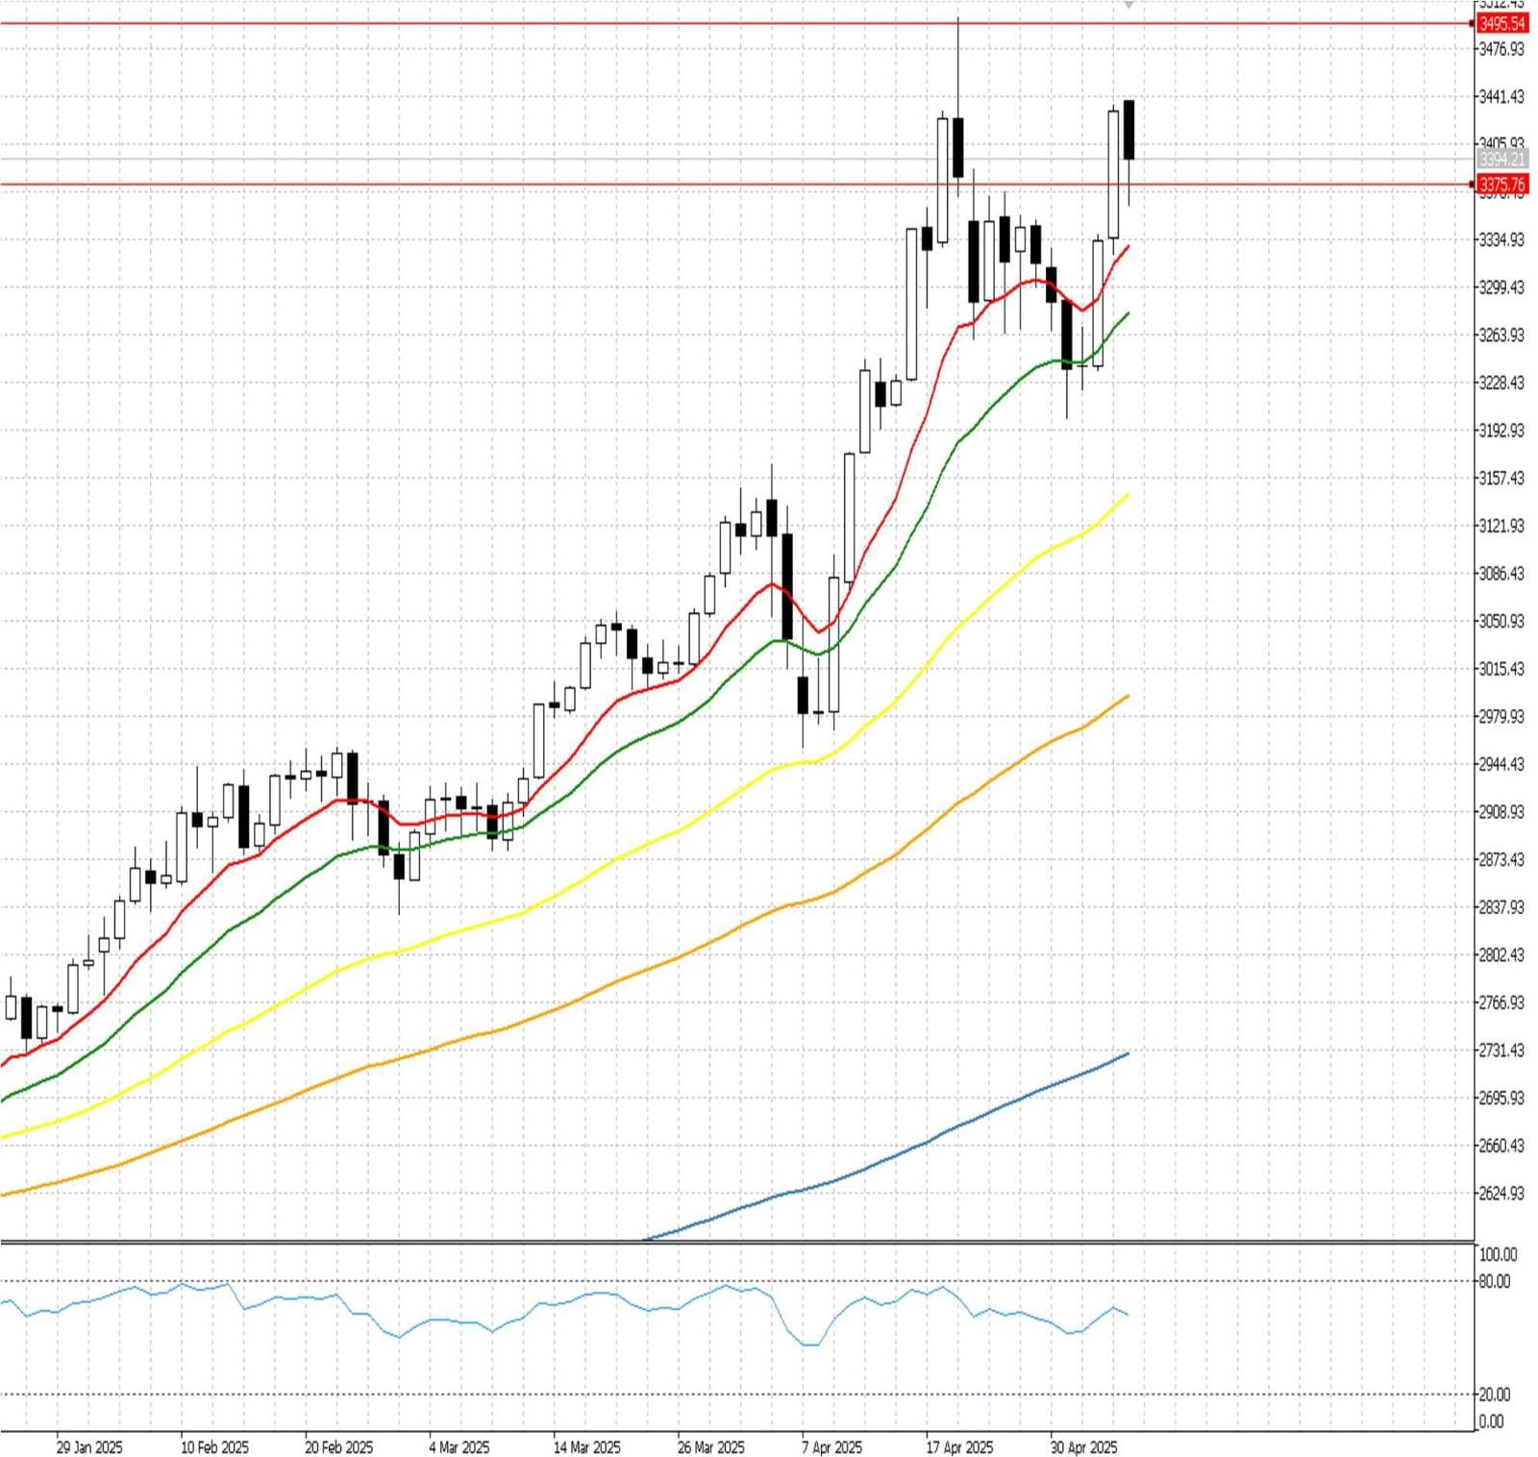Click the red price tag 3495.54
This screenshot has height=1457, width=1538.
(x=1501, y=24)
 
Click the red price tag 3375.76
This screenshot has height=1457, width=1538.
(x=1501, y=185)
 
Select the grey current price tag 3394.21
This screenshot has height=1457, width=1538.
(x=1501, y=160)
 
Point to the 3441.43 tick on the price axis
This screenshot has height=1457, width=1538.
(x=1501, y=96)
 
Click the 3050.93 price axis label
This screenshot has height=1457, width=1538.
(x=1501, y=621)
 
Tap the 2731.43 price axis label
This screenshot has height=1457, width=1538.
(x=1501, y=1050)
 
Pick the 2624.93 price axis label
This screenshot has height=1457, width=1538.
(x=1501, y=1194)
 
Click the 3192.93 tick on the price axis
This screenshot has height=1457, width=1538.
(x=1501, y=431)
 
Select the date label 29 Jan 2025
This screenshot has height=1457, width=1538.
(x=89, y=1447)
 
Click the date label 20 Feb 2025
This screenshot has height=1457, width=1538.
(x=339, y=1447)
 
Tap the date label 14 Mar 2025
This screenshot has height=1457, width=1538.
(x=587, y=1447)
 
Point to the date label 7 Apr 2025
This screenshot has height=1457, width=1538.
(x=832, y=1447)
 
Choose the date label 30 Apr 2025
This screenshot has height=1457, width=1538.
(x=1084, y=1447)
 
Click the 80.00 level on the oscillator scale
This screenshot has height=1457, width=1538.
(x=1495, y=1281)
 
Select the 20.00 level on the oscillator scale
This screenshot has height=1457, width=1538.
(x=1495, y=1395)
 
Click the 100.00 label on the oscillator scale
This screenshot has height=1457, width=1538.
(x=1498, y=1254)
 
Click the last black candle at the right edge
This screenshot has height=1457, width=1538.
(x=1129, y=130)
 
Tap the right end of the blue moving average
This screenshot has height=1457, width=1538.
(x=1128, y=1054)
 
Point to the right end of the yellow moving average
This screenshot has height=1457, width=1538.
(x=1128, y=495)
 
